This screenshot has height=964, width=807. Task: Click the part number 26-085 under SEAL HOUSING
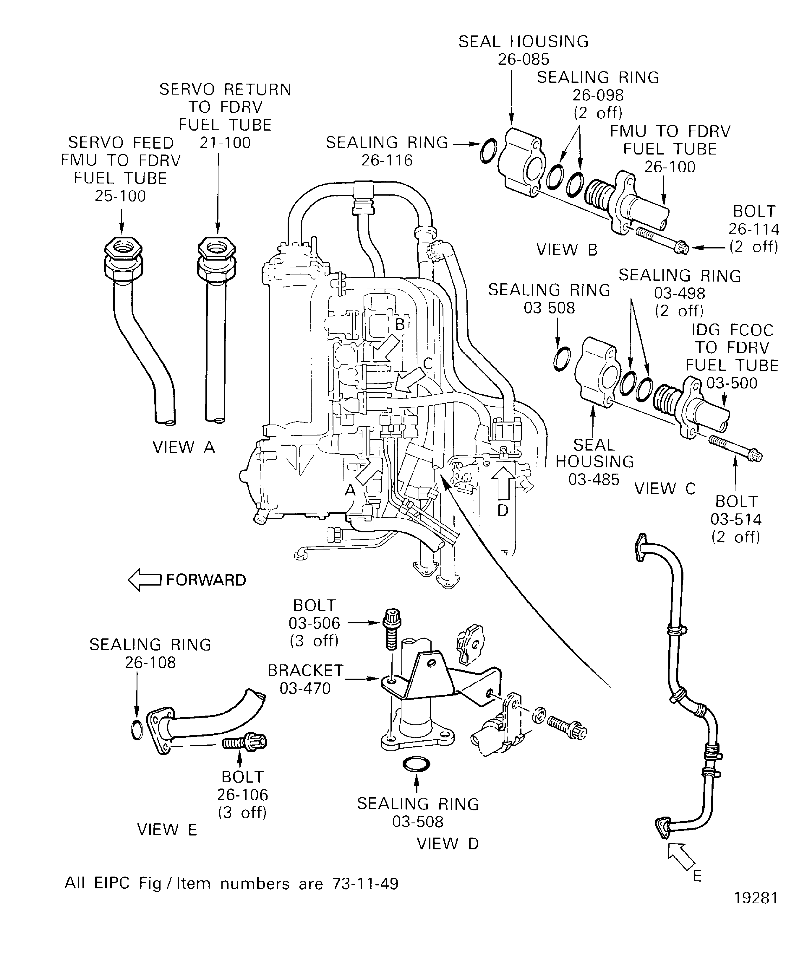[x=524, y=59]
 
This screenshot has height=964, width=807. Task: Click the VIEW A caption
[x=184, y=447]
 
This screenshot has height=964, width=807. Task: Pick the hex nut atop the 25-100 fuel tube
[x=122, y=250]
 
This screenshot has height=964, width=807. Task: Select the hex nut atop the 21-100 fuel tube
[x=217, y=250]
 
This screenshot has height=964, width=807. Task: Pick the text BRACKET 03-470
[x=305, y=679]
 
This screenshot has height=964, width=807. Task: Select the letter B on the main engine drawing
[x=400, y=325]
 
